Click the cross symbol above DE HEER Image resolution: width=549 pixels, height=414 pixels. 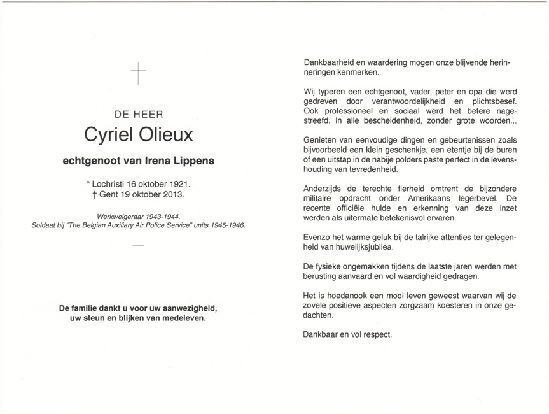(x=138, y=74)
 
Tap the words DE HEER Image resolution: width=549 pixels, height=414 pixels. (x=139, y=115)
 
